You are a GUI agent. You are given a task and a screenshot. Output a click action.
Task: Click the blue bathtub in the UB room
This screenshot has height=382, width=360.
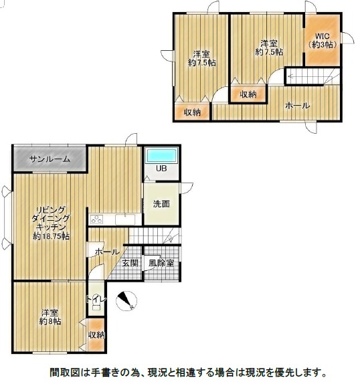tap(161, 155)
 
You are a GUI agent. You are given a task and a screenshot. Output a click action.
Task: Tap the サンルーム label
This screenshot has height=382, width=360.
tap(50, 159)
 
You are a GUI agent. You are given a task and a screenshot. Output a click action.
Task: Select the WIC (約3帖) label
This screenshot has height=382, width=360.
tap(323, 40)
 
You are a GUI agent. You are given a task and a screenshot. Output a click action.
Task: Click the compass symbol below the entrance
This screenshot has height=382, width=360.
tap(126, 300)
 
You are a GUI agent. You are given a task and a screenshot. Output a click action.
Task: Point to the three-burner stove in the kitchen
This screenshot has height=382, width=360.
tap(97, 219)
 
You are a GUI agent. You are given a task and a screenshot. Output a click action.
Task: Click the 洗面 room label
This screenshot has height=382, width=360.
tap(161, 204)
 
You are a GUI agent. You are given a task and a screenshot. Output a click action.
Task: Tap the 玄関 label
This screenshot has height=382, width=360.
tap(130, 263)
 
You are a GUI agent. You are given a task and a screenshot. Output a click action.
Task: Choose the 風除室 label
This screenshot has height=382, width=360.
tap(161, 263)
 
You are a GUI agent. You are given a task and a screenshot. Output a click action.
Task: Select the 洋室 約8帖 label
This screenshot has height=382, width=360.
tap(50, 316)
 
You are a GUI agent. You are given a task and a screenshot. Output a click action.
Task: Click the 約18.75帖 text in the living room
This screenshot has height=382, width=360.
tap(51, 236)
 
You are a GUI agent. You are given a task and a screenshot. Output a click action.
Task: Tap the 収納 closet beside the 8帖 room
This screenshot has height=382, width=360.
tap(96, 335)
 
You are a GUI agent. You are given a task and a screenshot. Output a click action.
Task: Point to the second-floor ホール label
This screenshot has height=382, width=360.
tap(298, 106)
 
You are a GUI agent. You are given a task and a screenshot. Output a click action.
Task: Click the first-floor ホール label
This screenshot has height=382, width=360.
tap(107, 252)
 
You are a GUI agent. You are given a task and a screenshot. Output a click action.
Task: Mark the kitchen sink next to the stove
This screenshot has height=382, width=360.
tap(125, 219)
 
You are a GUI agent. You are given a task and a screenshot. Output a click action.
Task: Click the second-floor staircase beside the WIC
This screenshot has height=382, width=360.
tap(313, 76)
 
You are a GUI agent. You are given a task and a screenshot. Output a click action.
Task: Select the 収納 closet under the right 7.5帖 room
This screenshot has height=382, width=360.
tap(248, 94)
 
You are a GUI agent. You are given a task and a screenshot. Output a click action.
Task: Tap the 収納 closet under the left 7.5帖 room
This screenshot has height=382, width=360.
tap(192, 112)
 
